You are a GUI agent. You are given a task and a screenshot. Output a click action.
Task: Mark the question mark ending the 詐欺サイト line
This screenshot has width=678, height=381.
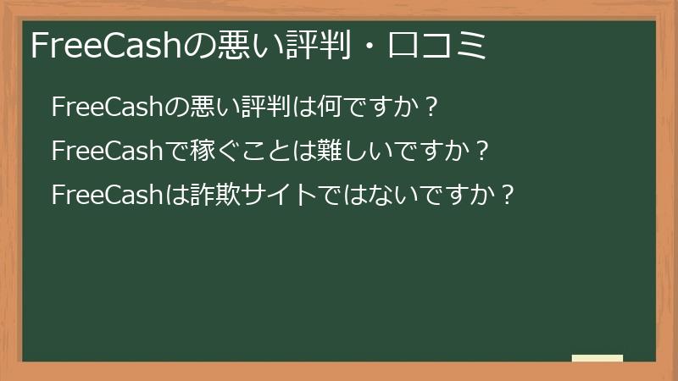coord(508,195)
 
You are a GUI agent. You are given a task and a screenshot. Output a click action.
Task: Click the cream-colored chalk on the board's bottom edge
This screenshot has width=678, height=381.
coord(597,358)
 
